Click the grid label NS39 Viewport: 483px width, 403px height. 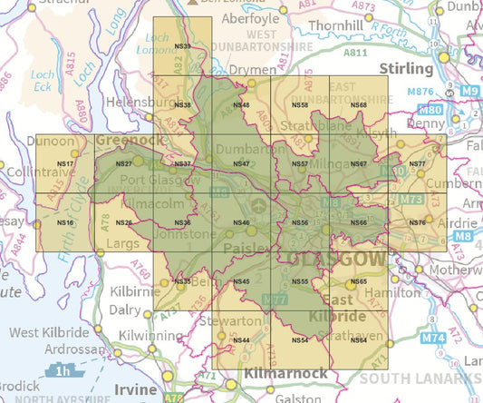pos(182,46)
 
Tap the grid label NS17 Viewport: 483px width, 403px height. pos(65,163)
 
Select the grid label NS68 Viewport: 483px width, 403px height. pos(358,105)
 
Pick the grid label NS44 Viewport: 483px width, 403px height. pos(241,340)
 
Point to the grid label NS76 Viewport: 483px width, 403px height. pos(417,222)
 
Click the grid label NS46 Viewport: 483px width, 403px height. pos(241,222)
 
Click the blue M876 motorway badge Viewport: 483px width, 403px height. pos(420,92)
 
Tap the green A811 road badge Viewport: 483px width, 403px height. pos(355,54)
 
